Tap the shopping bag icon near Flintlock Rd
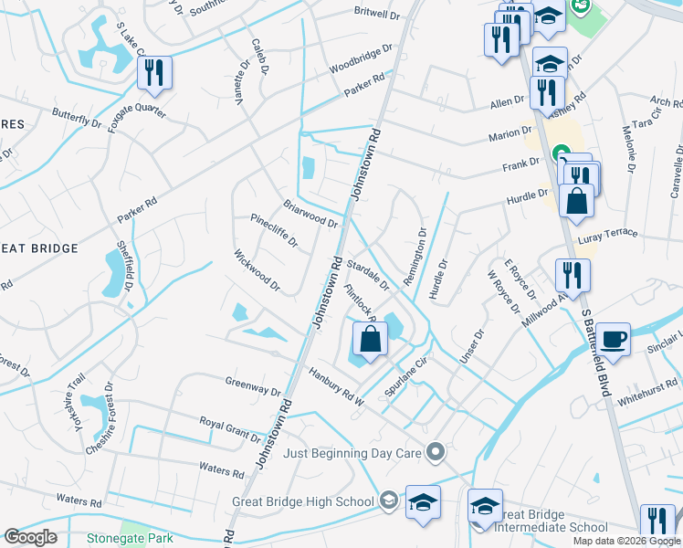[369, 341]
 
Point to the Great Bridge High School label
[303, 501]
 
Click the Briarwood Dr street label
[310, 215]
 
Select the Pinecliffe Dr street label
[274, 230]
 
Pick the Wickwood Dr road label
[256, 271]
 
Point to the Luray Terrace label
[608, 234]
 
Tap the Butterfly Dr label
[77, 119]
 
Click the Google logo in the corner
[31, 537]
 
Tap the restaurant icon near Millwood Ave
[573, 274]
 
